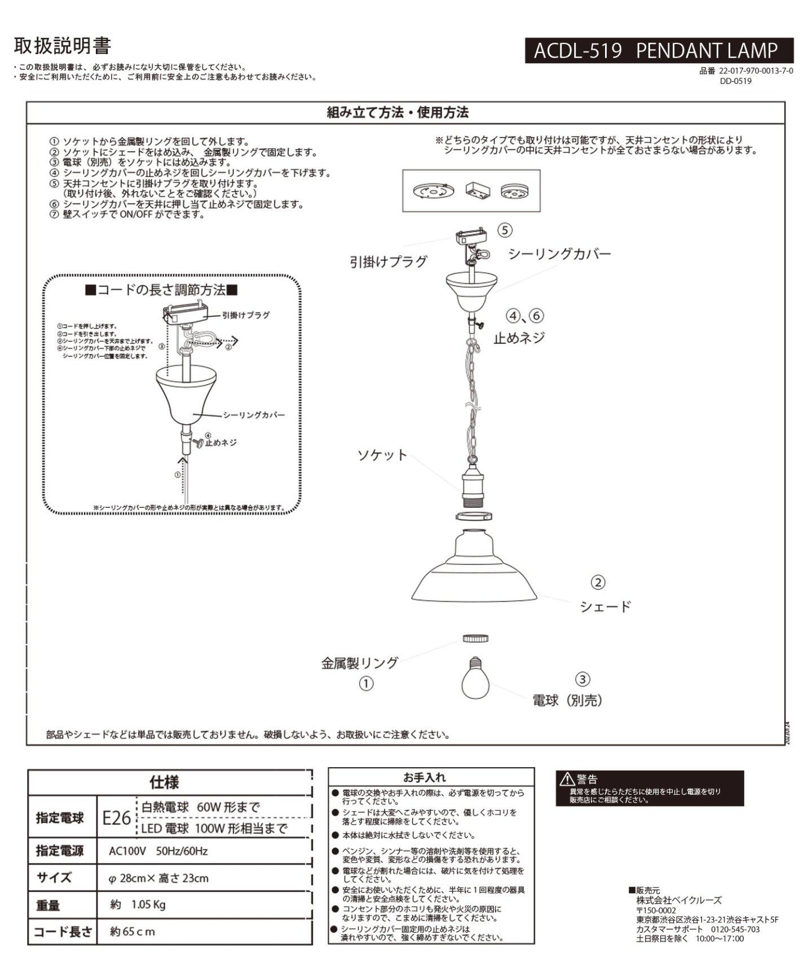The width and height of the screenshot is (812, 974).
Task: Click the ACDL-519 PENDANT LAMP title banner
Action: pos(659,51)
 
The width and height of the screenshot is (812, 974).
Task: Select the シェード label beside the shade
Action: pos(605,607)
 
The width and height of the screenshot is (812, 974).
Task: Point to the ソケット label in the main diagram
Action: pos(382,455)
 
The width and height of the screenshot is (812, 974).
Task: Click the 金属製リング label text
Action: pos(360,663)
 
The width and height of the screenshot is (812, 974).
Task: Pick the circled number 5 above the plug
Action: pos(505,230)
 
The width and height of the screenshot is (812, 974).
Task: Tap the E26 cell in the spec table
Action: pos(116,818)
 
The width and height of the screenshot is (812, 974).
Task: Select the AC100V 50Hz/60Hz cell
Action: pos(158,851)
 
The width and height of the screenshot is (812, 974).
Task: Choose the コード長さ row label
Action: pos(62,932)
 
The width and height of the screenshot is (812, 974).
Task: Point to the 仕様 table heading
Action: pos(164,782)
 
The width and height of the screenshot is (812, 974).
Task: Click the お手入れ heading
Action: pos(425,777)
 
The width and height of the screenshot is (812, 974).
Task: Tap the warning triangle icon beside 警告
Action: pos(566,780)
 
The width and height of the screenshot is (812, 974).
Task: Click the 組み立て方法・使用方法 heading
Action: pos(398,113)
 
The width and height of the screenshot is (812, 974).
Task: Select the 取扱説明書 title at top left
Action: pos(62,46)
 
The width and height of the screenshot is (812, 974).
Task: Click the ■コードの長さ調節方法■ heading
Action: pos(161,290)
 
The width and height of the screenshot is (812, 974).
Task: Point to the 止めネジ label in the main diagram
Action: pos(519,338)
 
